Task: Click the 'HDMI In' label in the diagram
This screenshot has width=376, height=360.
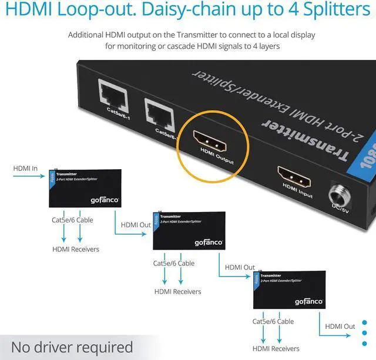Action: coord(25,169)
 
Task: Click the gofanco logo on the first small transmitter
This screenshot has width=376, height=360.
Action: coord(105,200)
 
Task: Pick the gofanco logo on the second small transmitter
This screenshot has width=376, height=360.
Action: coord(209,242)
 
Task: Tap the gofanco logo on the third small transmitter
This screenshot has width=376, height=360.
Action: coord(308,301)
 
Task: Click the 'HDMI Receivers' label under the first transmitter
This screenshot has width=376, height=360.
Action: coord(75,249)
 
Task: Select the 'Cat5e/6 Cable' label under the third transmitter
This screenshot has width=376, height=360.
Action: coord(273,321)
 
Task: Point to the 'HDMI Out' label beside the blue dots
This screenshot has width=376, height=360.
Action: coord(340,327)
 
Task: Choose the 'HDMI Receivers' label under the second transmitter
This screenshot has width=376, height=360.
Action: coord(177,291)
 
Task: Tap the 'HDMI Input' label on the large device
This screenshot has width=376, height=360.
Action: coord(298,191)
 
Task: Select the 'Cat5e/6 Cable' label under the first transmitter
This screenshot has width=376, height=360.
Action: coord(72,221)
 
